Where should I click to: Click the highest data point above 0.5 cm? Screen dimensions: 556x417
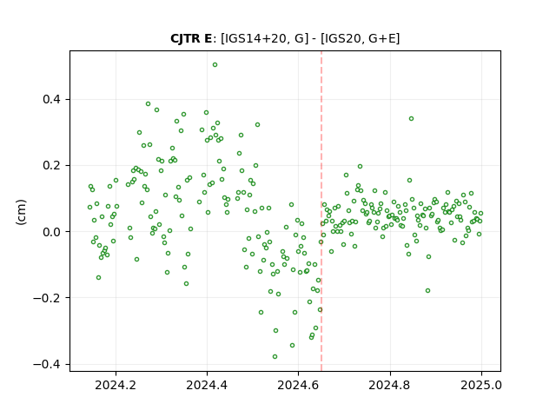pyautogui.click(x=215, y=65)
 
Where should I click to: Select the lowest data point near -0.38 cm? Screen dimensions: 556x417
pyautogui.click(x=275, y=357)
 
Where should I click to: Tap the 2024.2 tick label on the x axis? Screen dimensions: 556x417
pyautogui.click(x=116, y=385)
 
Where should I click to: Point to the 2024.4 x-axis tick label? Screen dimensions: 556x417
pyautogui.click(x=207, y=385)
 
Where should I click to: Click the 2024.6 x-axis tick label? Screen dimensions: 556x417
pyautogui.click(x=298, y=385)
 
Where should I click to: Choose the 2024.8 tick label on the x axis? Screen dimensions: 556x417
pyautogui.click(x=390, y=385)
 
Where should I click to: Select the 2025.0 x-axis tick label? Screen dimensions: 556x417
pyautogui.click(x=481, y=385)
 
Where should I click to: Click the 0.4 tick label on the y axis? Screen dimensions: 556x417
pyautogui.click(x=51, y=99)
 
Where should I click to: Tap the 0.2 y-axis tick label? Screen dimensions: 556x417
pyautogui.click(x=51, y=166)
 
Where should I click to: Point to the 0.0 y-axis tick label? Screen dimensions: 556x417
pyautogui.click(x=51, y=232)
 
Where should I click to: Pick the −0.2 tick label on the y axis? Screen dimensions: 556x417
pyautogui.click(x=47, y=298)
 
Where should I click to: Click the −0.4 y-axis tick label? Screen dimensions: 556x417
pyautogui.click(x=47, y=364)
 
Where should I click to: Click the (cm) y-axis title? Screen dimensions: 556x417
pyautogui.click(x=21, y=212)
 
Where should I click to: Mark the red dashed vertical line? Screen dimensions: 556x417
pyautogui.click(x=321, y=211)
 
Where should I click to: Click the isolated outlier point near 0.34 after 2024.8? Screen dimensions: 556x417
pyautogui.click(x=411, y=119)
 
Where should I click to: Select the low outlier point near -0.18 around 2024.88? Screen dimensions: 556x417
pyautogui.click(x=428, y=291)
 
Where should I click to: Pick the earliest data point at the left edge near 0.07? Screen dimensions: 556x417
pyautogui.click(x=89, y=207)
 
